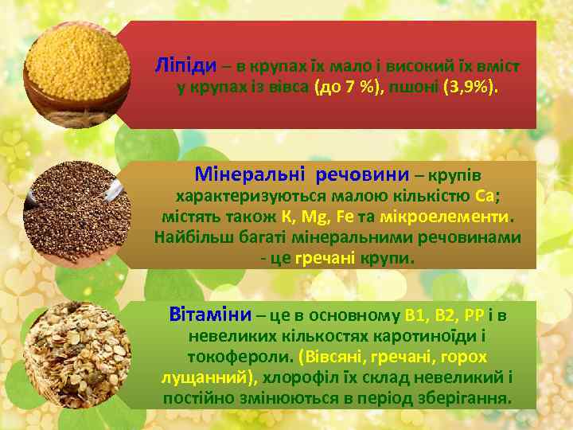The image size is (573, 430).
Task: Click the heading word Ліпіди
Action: click(185, 64)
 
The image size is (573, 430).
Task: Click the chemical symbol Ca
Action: click(487, 197)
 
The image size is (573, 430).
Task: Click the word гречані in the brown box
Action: click(329, 259)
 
